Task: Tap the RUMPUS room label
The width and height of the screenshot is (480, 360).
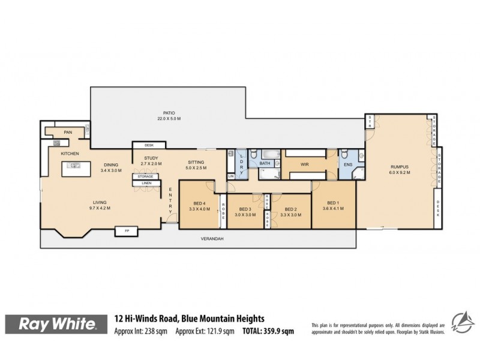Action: [400, 167]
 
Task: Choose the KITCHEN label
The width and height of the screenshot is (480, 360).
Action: [70, 154]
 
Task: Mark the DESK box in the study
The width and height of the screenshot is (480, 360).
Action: [146, 145]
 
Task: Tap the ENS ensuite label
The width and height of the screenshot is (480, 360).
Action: [347, 163]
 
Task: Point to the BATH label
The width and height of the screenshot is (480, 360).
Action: [266, 163]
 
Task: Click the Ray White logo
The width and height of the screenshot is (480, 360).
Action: [58, 325]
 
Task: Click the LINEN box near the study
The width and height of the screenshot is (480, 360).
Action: [146, 183]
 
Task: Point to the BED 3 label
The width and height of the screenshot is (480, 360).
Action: [244, 209]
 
